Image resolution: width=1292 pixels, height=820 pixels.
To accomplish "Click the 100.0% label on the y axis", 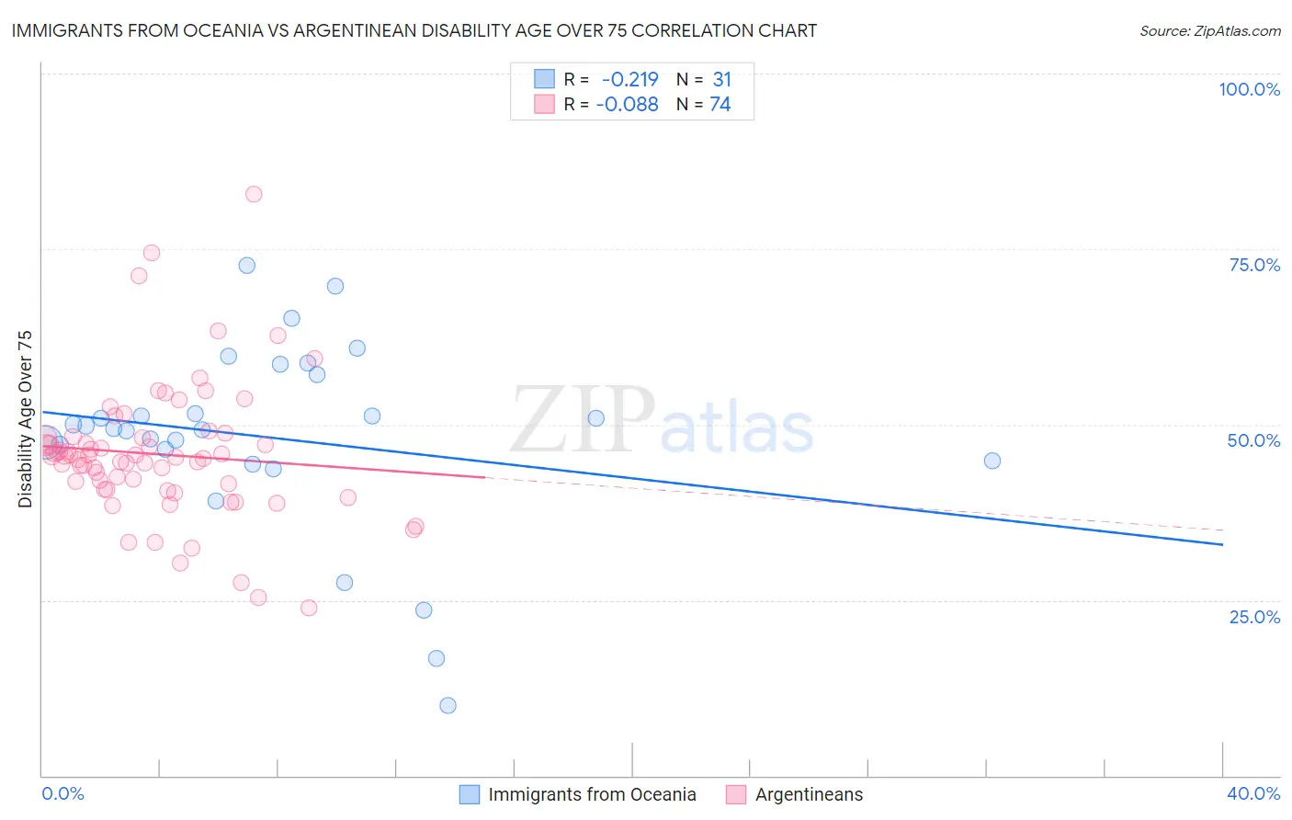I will (1249, 89).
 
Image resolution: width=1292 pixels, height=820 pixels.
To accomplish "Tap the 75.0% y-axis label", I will (1254, 265).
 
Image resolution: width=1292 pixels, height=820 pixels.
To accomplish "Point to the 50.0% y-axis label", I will (1253, 440).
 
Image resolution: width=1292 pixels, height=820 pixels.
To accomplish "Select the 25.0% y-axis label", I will (1254, 616).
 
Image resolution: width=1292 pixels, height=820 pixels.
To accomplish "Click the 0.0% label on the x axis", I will (62, 793).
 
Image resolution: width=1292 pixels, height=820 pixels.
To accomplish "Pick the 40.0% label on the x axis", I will (1253, 793).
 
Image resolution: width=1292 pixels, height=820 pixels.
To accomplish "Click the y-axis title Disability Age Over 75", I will (26, 419).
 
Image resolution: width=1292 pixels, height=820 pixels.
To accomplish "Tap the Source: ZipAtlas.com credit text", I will (1209, 31).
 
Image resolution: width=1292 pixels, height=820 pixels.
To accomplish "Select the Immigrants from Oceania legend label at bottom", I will (592, 794).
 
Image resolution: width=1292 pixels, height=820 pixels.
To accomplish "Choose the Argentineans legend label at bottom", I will (809, 794).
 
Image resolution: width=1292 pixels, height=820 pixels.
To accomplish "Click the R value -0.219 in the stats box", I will (629, 79).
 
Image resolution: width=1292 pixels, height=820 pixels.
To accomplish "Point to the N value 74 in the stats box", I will (720, 105).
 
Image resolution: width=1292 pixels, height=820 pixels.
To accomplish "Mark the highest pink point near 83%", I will (254, 194).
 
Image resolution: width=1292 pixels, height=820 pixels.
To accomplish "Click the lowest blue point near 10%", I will (448, 705).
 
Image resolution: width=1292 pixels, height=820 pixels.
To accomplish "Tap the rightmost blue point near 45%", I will (992, 461).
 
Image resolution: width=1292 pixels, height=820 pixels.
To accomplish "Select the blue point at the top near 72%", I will (247, 266).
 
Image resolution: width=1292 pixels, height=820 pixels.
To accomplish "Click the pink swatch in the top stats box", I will (544, 104).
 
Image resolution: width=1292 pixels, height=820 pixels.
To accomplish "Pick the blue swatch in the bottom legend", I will (469, 794).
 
